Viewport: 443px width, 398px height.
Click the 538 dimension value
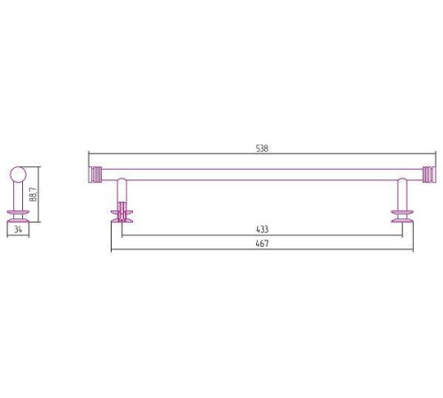click(262, 149)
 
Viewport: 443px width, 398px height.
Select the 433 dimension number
click(262, 229)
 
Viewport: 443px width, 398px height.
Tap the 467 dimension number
click(262, 243)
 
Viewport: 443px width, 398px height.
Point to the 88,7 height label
click(34, 195)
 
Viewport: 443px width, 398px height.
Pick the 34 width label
click(18, 229)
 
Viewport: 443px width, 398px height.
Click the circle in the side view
click(19, 174)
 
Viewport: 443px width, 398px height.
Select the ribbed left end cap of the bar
click(95, 175)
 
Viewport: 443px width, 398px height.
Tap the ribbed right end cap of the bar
click(429, 175)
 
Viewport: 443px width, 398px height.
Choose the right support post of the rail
click(402, 194)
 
